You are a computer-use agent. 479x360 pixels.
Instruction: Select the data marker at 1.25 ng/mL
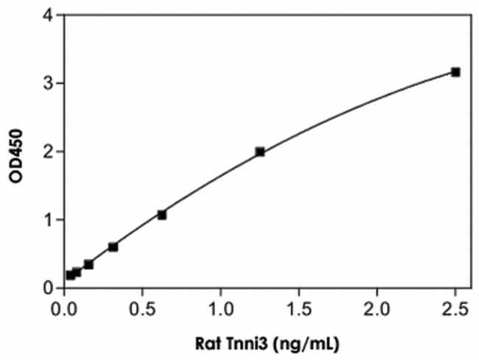point(260,152)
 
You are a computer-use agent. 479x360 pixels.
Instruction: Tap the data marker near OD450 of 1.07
point(162,215)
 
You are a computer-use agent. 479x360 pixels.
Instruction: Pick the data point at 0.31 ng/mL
point(113,247)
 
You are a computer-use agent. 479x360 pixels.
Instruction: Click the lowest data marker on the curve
point(70,275)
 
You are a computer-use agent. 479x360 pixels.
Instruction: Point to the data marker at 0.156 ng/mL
point(88,264)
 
